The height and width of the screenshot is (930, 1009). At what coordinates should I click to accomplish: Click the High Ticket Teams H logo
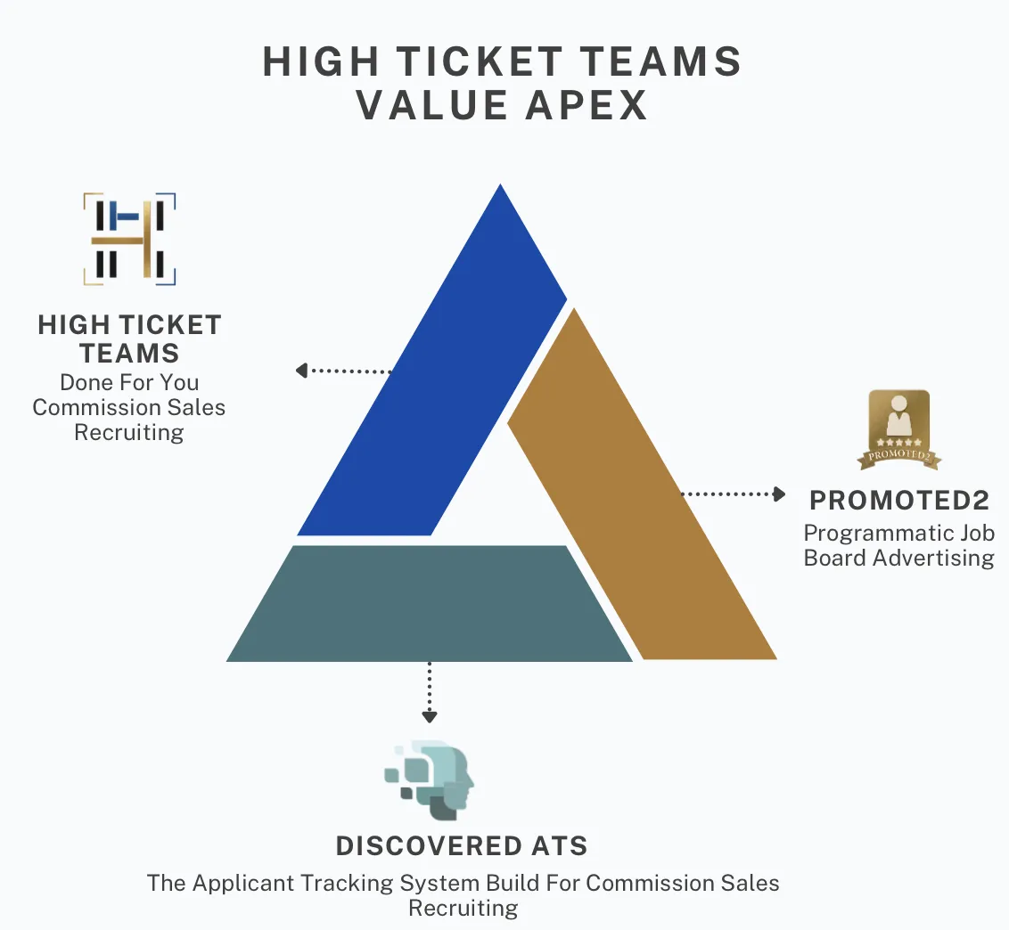tap(129, 239)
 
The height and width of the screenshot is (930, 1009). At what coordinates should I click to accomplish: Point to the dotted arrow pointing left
tap(343, 371)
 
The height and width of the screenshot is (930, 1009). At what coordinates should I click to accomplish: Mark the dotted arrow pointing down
tap(430, 691)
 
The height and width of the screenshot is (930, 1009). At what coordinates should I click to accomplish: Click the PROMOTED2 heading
tap(898, 501)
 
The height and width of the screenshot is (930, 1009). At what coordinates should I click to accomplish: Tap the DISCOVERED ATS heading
tap(462, 845)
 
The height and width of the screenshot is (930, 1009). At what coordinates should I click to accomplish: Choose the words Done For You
tap(129, 382)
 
